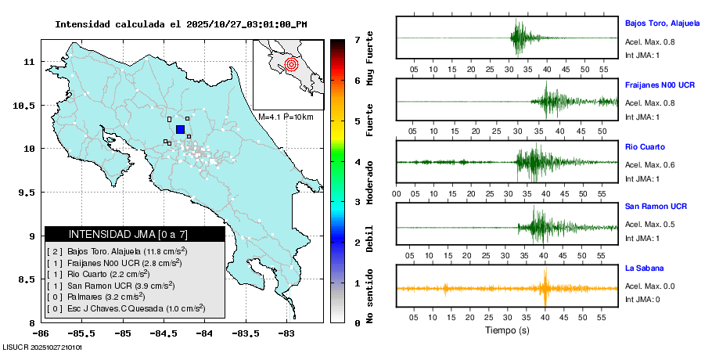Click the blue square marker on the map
180,129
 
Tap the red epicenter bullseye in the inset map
291,64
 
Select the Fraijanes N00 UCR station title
660,84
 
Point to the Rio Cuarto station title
645,146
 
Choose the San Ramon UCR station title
656,207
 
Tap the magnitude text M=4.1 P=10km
286,117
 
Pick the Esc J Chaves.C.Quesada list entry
125,309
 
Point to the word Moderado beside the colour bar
369,182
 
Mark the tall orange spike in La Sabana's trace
545,286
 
